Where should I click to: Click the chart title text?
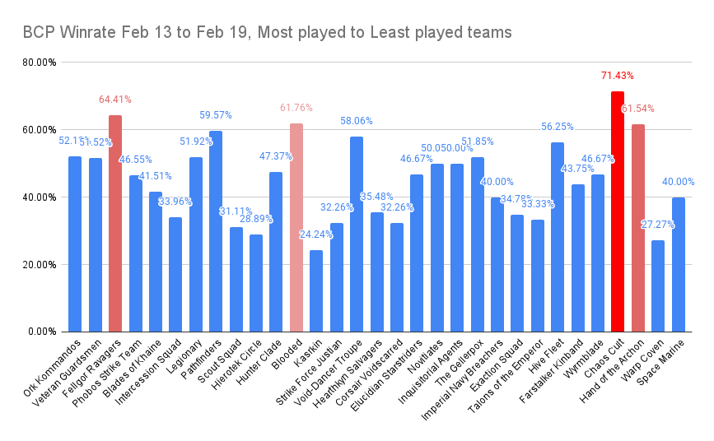coord(267,33)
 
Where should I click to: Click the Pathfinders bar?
coord(216,231)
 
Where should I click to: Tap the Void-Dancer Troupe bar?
coord(356,234)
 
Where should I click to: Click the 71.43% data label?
coord(617,76)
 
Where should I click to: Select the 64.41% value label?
coord(114,100)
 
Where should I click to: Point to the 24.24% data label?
coord(316,234)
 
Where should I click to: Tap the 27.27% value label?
coord(657,225)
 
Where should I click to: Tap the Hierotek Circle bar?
coord(256,283)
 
